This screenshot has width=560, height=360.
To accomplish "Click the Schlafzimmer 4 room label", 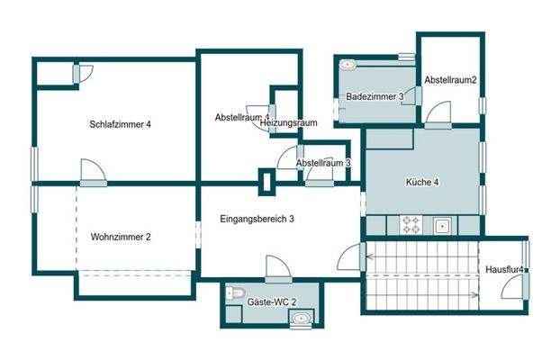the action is click(120, 124).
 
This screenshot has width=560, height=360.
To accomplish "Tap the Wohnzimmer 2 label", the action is click(121, 237).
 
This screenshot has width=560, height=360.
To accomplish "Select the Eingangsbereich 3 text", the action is click(257, 219).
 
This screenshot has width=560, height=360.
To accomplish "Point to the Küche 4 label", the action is click(422, 182).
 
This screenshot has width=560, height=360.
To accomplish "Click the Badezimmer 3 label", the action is click(375, 96).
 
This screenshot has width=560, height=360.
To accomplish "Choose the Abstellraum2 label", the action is click(450, 80).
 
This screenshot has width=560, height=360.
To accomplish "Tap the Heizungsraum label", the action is click(289, 123).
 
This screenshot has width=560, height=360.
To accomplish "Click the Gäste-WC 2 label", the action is click(271, 302).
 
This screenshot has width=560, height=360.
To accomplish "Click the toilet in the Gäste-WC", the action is click(234, 292).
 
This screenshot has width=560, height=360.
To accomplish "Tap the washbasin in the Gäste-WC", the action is click(302, 318).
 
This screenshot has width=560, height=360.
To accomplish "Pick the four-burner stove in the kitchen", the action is click(411, 225).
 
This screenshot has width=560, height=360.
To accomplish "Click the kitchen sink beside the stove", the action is click(442, 226).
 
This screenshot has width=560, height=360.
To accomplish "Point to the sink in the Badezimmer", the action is click(348, 65).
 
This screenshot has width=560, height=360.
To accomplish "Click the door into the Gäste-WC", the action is click(278, 269).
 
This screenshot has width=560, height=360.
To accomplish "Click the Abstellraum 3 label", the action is click(323, 163).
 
